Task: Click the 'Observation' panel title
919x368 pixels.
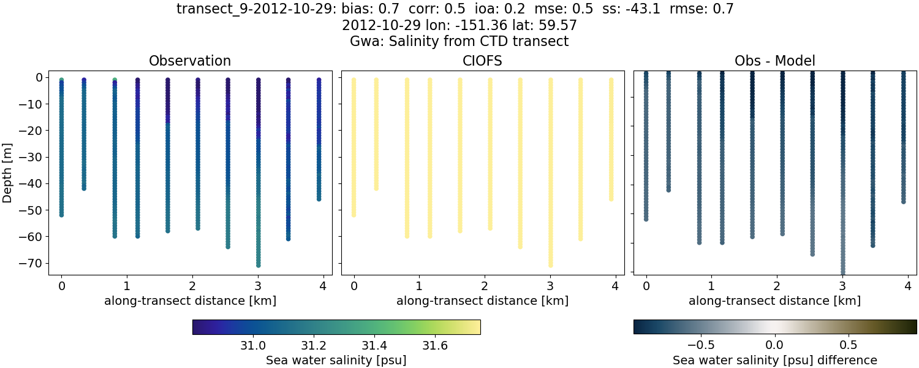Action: point(190,61)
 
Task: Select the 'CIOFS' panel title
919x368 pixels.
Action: point(482,61)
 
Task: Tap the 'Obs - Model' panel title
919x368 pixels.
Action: point(774,61)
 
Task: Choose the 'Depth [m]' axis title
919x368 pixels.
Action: point(9,171)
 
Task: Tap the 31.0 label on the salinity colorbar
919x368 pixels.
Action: point(253,345)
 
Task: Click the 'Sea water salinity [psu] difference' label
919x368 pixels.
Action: point(775,360)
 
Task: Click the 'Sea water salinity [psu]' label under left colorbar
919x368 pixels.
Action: point(336,360)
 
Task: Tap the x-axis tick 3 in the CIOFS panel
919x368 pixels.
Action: point(550,286)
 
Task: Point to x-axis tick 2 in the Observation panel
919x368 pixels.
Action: point(192,286)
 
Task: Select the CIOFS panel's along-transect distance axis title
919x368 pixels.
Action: point(482,301)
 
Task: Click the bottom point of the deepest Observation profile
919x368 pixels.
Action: point(258,265)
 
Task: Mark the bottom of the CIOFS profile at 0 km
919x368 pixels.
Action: point(354,215)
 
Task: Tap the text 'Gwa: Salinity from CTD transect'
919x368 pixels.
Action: point(459,42)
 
